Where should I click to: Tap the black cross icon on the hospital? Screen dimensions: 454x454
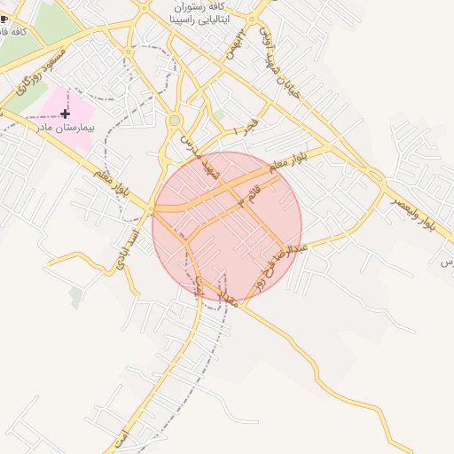coord(66,113)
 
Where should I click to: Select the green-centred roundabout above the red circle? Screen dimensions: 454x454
coord(176,120)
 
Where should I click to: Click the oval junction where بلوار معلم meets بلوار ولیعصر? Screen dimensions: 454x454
coord(375,175)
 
